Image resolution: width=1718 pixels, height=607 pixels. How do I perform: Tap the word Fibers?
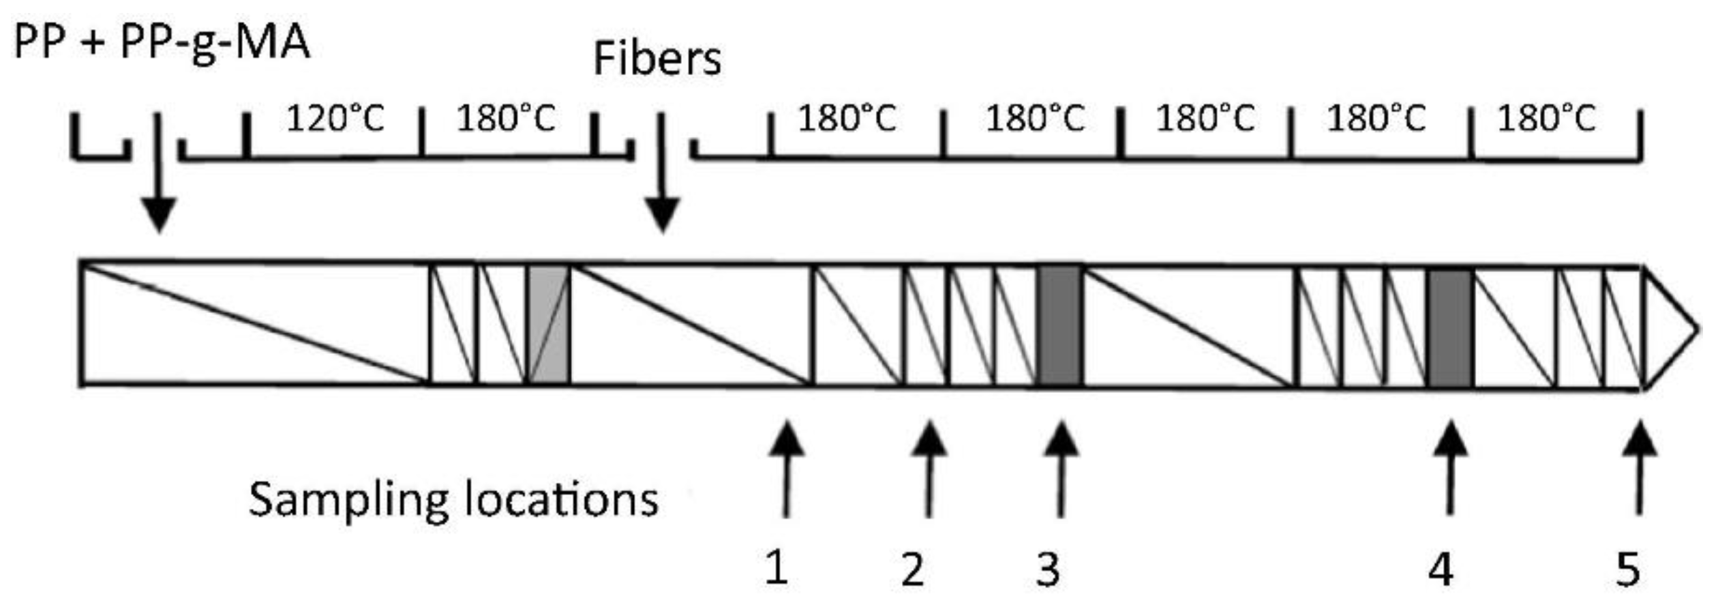(x=657, y=59)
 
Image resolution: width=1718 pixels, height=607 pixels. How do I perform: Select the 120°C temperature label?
(x=335, y=119)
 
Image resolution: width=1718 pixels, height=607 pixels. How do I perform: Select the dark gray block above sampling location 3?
(x=1059, y=326)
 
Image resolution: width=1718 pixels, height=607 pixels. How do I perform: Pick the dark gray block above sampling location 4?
(x=1450, y=327)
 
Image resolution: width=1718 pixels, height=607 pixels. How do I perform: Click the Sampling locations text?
(x=453, y=500)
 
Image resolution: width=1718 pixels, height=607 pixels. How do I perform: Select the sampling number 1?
(x=777, y=568)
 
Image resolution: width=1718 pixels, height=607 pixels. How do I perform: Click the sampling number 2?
(x=913, y=569)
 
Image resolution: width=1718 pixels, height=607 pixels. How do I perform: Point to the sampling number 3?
(x=1049, y=569)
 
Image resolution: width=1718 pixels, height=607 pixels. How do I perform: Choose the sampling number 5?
(x=1628, y=569)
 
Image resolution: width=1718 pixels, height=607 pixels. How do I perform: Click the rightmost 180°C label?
(x=1546, y=119)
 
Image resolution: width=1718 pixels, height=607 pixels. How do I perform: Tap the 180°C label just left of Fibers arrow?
(x=506, y=119)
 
